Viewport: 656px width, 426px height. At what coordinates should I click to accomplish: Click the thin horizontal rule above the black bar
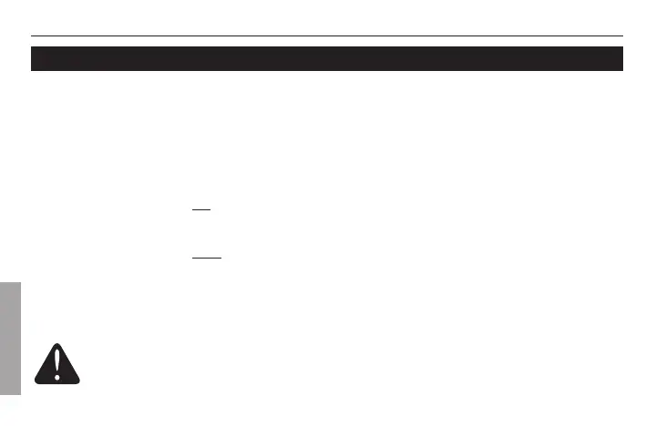(x=328, y=35)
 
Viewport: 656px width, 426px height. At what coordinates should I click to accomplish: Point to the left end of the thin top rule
(x=32, y=35)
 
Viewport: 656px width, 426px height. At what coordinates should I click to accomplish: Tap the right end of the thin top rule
(x=623, y=35)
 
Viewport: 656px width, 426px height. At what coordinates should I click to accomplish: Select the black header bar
(x=328, y=58)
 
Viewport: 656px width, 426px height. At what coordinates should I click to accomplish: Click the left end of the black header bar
(x=33, y=58)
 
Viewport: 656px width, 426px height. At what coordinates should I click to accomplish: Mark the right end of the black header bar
(x=622, y=58)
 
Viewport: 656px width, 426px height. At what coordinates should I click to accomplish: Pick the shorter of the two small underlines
(x=201, y=208)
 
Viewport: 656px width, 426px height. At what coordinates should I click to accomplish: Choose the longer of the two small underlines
(x=207, y=258)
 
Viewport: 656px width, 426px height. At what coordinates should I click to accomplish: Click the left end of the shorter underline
(x=192, y=208)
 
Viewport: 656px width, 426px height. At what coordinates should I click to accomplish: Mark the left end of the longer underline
(x=192, y=258)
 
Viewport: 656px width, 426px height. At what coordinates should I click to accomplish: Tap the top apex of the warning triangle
(x=56, y=343)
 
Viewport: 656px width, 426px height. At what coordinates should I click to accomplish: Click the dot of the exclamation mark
(x=56, y=376)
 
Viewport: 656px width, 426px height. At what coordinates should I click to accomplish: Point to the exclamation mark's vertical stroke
(x=56, y=362)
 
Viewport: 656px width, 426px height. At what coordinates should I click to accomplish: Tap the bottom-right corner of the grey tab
(x=20, y=394)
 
